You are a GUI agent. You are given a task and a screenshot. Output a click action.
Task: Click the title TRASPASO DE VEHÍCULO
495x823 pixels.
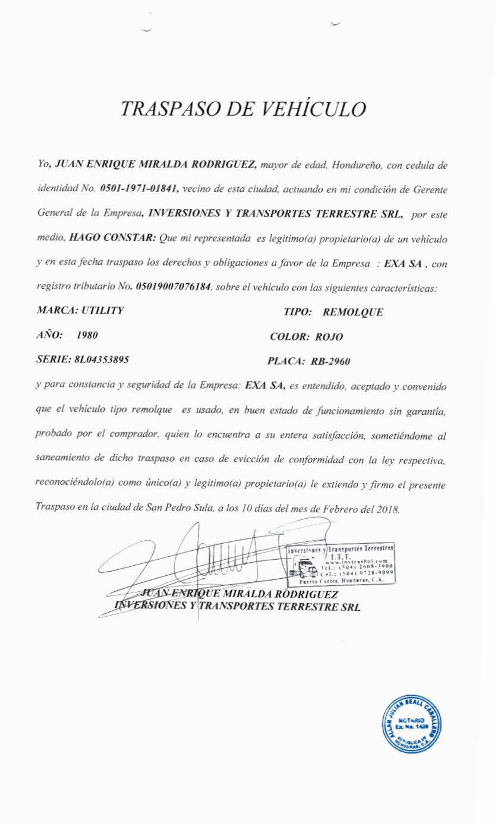pyautogui.click(x=242, y=109)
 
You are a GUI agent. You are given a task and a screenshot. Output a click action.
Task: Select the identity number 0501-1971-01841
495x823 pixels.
pyautogui.click(x=140, y=188)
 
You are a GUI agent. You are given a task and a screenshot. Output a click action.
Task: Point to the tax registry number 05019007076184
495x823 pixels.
pyautogui.click(x=173, y=287)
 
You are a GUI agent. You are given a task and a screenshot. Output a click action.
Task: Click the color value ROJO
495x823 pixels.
pyautogui.click(x=329, y=337)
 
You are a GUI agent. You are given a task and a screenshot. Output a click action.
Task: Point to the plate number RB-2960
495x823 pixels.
pyautogui.click(x=333, y=361)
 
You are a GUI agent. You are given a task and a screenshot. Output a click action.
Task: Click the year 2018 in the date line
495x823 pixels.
pyautogui.click(x=389, y=509)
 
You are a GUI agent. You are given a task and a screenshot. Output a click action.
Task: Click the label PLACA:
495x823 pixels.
pyautogui.click(x=286, y=361)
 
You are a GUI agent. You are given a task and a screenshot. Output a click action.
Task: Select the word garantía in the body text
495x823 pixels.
pyautogui.click(x=421, y=411)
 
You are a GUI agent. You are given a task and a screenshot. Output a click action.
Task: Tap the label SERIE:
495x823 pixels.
pyautogui.click(x=52, y=360)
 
